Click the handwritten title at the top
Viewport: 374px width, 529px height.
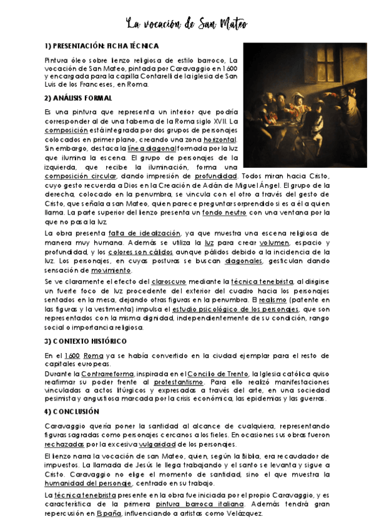click(x=187, y=24)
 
